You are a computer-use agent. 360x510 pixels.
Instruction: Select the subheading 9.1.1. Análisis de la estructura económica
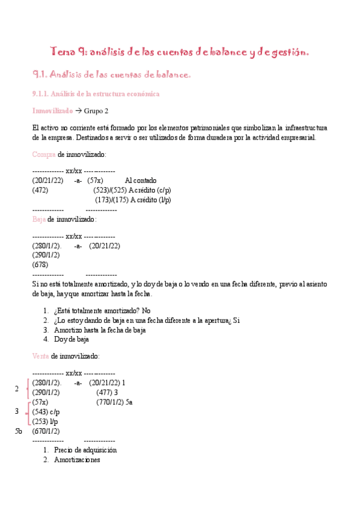(x=96, y=94)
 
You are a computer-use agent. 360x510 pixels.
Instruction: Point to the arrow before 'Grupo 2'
(x=78, y=111)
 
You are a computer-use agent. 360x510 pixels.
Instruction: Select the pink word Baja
(x=38, y=220)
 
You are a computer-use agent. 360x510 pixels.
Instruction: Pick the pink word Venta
(x=41, y=357)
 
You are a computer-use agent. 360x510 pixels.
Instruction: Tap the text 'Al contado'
(x=141, y=180)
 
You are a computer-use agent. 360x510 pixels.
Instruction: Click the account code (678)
(x=40, y=264)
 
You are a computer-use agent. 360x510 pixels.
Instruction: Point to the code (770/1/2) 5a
(x=114, y=402)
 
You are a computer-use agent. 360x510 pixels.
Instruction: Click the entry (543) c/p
(x=46, y=411)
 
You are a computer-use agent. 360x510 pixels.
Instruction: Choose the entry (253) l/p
(x=45, y=421)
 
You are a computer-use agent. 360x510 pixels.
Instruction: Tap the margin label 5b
(x=18, y=431)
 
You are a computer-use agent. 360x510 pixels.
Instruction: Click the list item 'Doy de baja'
(x=71, y=339)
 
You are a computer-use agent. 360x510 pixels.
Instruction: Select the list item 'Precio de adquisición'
(x=85, y=450)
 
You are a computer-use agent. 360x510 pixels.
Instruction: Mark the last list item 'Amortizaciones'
(x=76, y=460)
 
